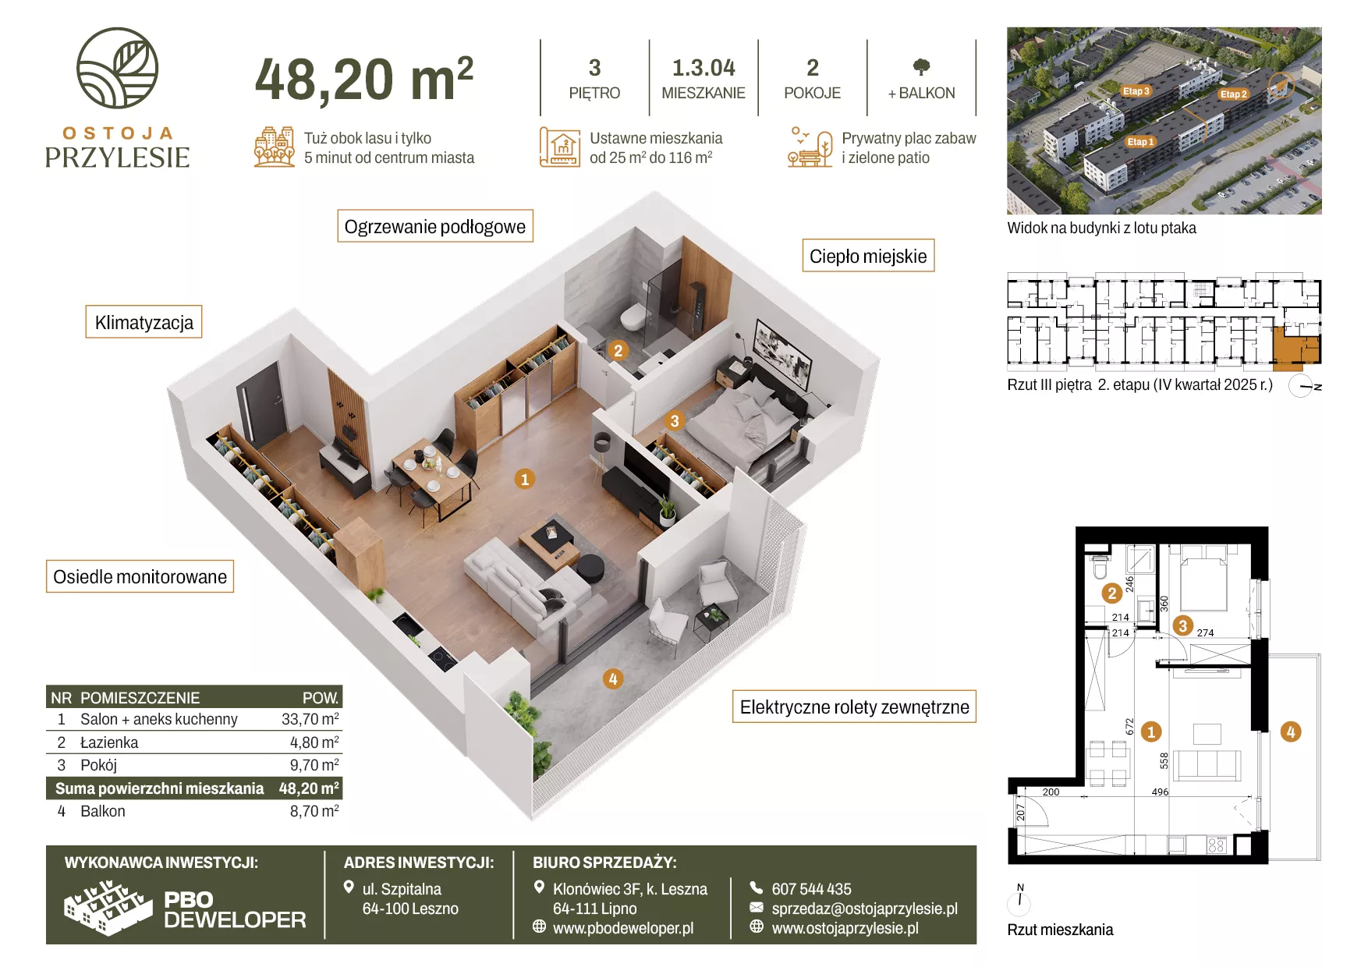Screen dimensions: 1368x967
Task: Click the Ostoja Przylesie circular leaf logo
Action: click(x=117, y=68)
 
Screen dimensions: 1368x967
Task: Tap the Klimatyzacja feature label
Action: click(x=144, y=322)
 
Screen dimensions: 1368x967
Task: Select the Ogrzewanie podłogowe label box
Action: click(x=435, y=226)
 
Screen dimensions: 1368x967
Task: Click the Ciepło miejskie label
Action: click(x=868, y=256)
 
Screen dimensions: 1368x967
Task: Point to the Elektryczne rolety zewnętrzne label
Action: click(x=854, y=707)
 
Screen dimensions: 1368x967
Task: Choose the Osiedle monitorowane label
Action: click(x=140, y=576)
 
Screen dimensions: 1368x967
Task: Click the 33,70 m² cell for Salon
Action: click(x=310, y=719)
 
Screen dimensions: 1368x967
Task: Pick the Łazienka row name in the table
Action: click(x=109, y=742)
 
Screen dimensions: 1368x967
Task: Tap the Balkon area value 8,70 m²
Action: click(x=314, y=811)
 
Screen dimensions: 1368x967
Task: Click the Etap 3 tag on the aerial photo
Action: click(x=1136, y=91)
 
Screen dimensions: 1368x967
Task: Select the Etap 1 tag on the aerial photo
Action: click(x=1139, y=142)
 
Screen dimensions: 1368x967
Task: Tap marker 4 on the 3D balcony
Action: click(x=613, y=679)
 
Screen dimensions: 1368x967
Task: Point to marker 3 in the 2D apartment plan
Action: click(x=1182, y=625)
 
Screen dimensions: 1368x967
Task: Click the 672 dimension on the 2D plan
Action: click(x=1129, y=727)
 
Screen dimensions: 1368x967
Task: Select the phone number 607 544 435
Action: click(x=811, y=889)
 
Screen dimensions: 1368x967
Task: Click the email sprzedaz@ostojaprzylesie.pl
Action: click(x=864, y=909)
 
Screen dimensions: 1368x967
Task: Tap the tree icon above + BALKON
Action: click(x=921, y=67)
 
